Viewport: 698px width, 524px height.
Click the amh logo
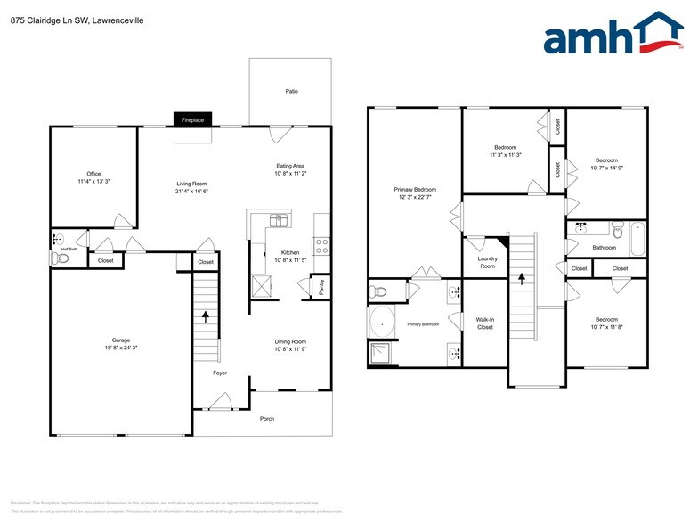tap(613, 37)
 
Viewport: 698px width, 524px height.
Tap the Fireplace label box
tap(192, 120)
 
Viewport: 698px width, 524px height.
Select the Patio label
tap(291, 91)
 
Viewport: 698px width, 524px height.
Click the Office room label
tap(93, 174)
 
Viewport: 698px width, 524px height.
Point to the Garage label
tap(121, 340)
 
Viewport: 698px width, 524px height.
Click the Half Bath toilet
tap(61, 258)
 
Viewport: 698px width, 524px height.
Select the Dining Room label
tap(290, 341)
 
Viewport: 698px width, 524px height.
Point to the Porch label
tap(266, 419)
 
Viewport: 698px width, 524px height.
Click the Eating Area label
tap(290, 166)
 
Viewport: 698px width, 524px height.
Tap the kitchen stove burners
tap(321, 246)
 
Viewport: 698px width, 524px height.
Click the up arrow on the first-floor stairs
tap(207, 315)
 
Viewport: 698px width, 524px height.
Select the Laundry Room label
tap(487, 263)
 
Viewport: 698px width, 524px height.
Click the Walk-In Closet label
tap(485, 323)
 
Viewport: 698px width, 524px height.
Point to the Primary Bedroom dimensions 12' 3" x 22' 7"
tap(415, 198)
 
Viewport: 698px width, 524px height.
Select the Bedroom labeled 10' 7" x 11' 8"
tap(606, 323)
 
